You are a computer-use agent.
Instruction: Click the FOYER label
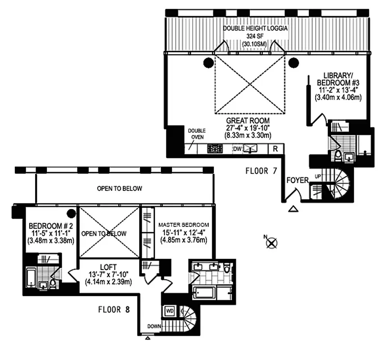tap(298, 180)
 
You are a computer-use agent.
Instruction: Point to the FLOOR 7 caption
tap(261, 171)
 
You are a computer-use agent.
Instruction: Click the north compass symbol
tap(271, 243)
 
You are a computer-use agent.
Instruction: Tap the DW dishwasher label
tap(237, 149)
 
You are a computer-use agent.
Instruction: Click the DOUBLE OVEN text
tap(196, 134)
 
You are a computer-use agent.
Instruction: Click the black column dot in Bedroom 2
tap(71, 213)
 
